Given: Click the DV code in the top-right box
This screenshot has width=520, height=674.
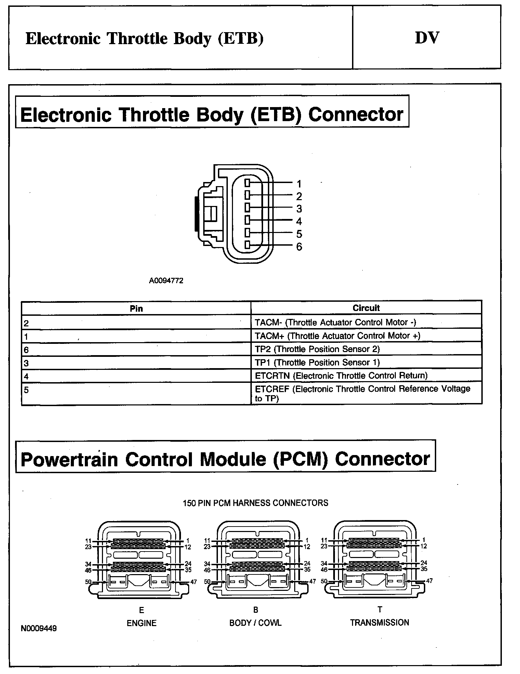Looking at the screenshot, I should click(427, 38).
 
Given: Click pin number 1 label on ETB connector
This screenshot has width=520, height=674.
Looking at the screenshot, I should click(299, 184).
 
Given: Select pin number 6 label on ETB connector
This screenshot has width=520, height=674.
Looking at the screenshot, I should click(299, 247).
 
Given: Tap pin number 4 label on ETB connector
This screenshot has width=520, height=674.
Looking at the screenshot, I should click(299, 221).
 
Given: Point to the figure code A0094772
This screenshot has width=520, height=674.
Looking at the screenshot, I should click(166, 281).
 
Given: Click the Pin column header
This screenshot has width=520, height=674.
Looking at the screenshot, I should click(136, 309).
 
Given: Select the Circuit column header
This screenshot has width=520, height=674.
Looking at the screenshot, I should click(366, 308).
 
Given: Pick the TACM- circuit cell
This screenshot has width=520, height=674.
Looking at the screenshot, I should click(336, 322).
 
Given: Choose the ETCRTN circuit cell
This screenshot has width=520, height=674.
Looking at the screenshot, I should click(341, 376).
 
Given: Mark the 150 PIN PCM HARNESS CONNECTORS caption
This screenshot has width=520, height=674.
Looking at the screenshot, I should click(256, 503).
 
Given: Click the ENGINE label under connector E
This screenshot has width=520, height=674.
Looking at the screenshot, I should click(142, 623).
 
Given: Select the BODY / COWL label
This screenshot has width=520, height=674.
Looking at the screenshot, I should click(256, 623).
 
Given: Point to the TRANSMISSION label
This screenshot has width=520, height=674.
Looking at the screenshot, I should click(379, 622).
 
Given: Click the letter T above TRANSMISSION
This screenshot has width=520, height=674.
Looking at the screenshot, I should click(380, 609).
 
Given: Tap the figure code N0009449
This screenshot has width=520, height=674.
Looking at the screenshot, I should click(39, 628).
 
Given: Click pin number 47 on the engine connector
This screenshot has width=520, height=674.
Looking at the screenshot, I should click(193, 582).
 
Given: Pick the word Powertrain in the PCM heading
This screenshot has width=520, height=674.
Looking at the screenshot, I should click(69, 459).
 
